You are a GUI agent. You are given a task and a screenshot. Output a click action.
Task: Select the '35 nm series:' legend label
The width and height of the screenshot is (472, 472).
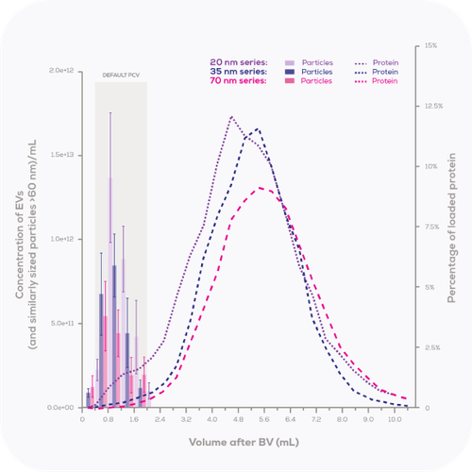(239, 72)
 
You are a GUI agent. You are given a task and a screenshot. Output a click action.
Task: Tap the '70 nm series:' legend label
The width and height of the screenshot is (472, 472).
(239, 81)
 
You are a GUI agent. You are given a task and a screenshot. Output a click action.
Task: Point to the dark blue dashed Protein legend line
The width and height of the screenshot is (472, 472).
(360, 72)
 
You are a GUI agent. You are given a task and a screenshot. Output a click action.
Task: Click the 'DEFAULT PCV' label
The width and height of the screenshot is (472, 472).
(120, 75)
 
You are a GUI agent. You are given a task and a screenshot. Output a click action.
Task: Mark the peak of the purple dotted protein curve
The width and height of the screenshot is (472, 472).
(231, 117)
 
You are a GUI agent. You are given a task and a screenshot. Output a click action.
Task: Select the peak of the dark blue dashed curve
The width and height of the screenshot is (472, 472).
(257, 128)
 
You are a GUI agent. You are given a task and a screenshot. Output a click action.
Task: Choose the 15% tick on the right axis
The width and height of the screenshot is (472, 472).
(430, 45)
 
